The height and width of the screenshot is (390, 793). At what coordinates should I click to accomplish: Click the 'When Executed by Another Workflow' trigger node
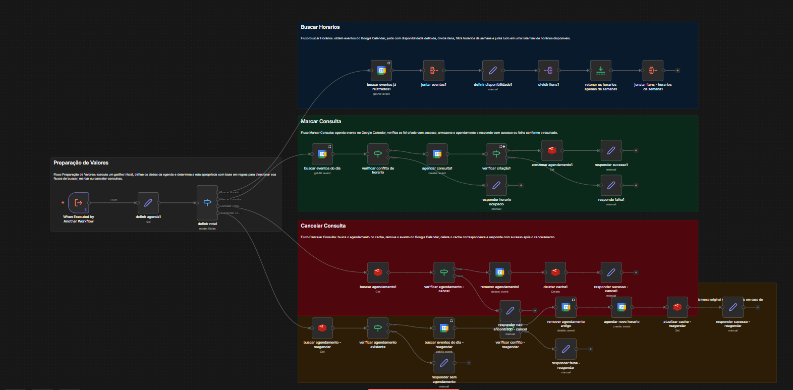click(79, 203)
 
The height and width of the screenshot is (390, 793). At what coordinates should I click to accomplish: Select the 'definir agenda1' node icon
click(148, 203)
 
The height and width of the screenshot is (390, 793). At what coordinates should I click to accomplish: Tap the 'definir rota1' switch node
click(207, 203)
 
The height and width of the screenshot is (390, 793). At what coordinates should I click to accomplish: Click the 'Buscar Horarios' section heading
click(320, 27)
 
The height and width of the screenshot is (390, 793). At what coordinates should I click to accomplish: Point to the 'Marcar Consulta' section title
click(321, 122)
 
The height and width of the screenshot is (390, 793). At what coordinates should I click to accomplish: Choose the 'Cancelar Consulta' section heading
click(323, 226)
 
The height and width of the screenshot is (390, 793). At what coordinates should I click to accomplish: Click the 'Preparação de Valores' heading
click(81, 163)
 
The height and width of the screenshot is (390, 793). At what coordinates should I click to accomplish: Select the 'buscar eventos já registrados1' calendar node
click(382, 71)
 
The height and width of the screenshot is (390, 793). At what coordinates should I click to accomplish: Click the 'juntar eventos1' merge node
click(433, 71)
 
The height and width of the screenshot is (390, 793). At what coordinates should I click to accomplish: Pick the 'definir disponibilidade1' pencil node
click(493, 71)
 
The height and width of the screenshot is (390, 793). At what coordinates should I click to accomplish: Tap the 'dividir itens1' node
click(548, 71)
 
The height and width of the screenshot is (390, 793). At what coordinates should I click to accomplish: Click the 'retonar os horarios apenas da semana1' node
click(601, 71)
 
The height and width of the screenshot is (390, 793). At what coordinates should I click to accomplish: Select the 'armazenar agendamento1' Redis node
click(552, 150)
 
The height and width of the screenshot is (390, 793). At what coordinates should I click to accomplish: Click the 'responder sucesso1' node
click(611, 150)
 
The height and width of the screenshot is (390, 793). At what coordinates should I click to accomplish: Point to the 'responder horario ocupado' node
click(496, 185)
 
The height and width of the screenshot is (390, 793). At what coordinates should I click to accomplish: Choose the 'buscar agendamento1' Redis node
click(378, 272)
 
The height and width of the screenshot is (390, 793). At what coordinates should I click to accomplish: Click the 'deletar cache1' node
click(555, 272)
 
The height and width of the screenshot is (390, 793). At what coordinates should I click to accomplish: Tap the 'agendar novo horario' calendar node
click(621, 307)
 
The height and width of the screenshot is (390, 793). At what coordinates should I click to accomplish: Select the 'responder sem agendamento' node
click(444, 363)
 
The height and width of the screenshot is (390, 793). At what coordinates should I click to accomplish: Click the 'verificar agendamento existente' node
click(378, 328)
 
